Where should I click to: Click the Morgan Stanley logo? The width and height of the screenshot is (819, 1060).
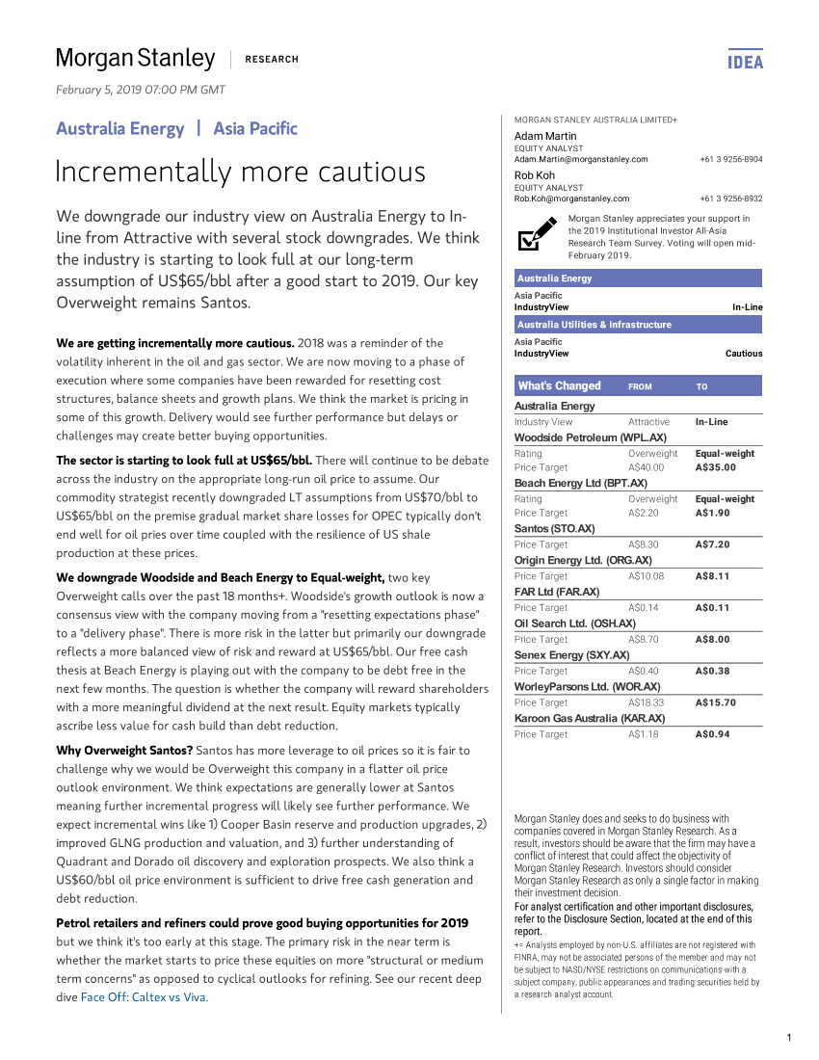[136, 59]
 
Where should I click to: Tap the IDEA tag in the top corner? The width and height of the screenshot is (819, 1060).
[745, 62]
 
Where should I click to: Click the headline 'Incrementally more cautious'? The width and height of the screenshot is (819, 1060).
[240, 172]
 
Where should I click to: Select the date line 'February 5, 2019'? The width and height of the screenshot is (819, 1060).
[141, 90]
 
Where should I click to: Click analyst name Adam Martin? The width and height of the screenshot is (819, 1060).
[545, 137]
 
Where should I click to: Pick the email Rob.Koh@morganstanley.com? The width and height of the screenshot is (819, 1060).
[571, 199]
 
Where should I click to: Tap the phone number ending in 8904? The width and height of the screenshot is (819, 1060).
[730, 159]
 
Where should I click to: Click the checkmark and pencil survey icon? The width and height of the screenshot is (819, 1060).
[537, 234]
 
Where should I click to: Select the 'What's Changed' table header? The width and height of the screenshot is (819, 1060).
[559, 386]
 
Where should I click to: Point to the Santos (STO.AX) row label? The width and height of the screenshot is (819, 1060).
[554, 529]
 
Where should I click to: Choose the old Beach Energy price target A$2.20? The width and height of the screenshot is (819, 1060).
[645, 514]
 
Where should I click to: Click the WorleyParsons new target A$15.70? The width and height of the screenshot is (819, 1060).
[715, 702]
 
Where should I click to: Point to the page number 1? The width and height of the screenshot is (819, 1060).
[788, 1038]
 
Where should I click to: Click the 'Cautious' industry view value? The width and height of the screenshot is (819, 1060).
[743, 354]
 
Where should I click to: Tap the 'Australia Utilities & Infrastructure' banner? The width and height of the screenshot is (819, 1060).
[594, 325]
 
